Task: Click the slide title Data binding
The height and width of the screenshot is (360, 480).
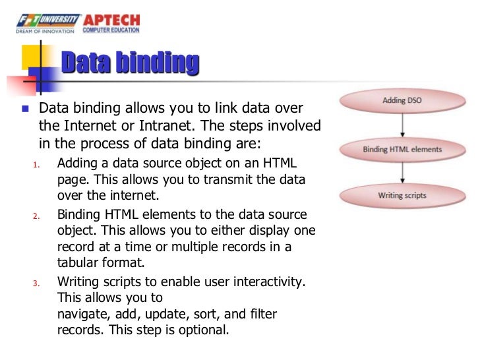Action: [x=130, y=64]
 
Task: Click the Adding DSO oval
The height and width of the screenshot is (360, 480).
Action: [x=402, y=101]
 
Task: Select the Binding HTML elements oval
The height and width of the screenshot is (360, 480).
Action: [x=402, y=149]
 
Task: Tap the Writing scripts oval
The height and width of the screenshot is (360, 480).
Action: [x=402, y=196]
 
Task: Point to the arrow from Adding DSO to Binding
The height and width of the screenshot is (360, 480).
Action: [x=402, y=125]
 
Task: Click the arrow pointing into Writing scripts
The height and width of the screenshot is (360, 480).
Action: [x=402, y=173]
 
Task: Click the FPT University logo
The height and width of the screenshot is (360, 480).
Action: [x=49, y=23]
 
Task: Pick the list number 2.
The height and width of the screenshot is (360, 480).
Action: [x=36, y=216]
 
